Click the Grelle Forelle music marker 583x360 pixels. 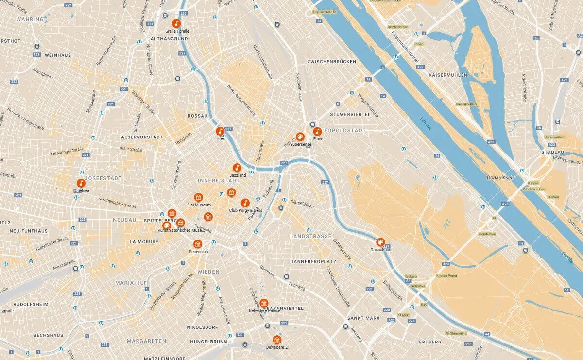click(x=177, y=23)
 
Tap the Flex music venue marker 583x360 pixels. click(x=220, y=131)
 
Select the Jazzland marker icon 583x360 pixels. click(x=237, y=168)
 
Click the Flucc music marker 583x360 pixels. click(x=317, y=131)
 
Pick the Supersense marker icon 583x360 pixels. click(x=300, y=137)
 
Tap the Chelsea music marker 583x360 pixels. click(x=81, y=183)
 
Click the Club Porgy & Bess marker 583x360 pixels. click(x=245, y=203)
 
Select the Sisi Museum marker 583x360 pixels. click(x=198, y=197)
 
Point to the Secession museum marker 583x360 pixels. click(x=198, y=244)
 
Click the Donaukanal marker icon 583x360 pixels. click(x=380, y=242)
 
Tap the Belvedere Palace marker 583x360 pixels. click(x=264, y=303)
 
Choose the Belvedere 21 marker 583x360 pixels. click(x=277, y=340)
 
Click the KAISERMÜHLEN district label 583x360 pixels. click(x=447, y=75)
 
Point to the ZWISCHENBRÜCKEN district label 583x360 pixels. click(x=331, y=62)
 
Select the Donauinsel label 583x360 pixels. click(x=500, y=178)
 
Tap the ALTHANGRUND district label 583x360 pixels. click(x=169, y=38)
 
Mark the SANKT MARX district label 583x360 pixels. click(x=363, y=318)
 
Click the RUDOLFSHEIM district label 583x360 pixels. click(x=31, y=304)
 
